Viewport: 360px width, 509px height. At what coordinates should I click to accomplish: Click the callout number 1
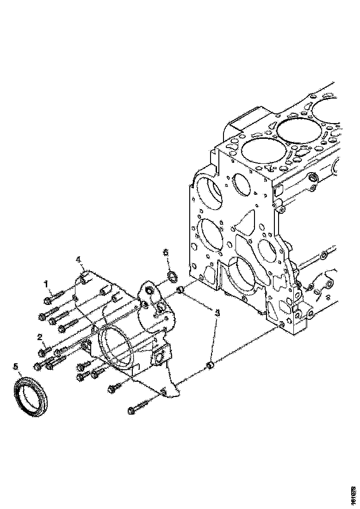click(x=46, y=283)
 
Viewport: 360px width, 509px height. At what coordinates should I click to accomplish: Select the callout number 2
click(x=41, y=337)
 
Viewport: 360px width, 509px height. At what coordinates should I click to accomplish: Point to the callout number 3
click(x=218, y=313)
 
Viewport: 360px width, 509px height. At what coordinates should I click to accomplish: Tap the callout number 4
click(x=79, y=260)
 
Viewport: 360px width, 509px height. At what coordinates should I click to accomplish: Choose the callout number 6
click(x=166, y=252)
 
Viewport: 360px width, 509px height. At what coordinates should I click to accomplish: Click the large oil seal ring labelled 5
click(x=31, y=393)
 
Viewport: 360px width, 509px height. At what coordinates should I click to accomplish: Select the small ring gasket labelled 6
click(x=172, y=277)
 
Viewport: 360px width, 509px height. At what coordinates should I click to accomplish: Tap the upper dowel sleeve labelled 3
click(x=181, y=291)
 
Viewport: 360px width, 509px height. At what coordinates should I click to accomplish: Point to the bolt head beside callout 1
click(x=48, y=301)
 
